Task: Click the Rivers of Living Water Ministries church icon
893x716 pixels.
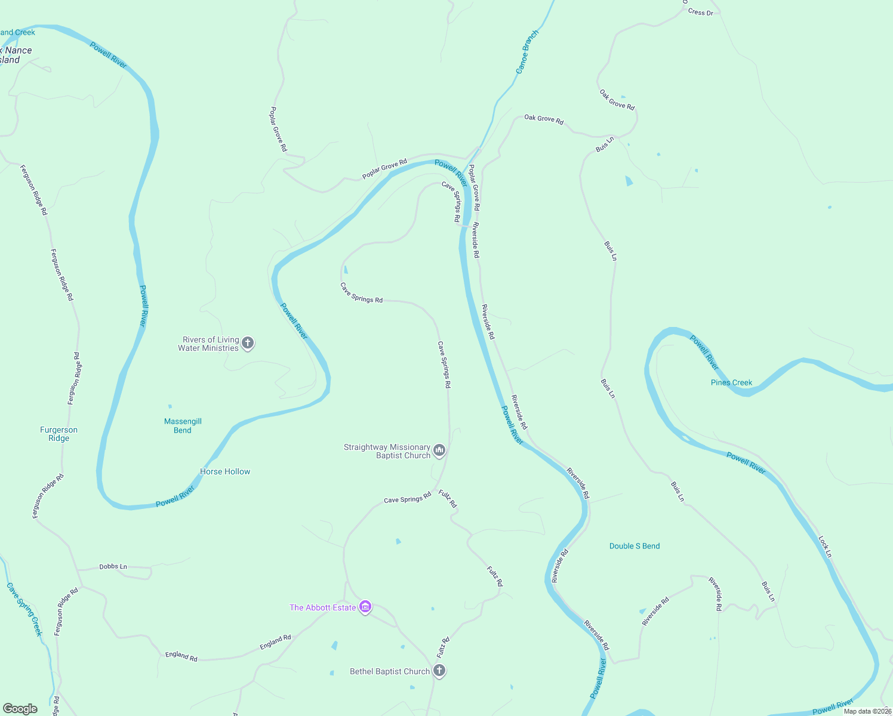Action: (x=248, y=343)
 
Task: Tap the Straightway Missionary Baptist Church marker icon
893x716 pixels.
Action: (x=439, y=450)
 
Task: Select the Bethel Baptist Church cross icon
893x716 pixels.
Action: (x=439, y=671)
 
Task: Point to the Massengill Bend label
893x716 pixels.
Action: (x=183, y=425)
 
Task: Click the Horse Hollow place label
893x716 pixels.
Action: (x=225, y=471)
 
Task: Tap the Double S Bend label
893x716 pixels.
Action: (x=635, y=546)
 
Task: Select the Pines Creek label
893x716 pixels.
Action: (x=731, y=382)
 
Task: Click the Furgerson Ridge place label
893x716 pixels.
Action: (x=58, y=434)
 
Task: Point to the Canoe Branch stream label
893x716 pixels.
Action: (x=526, y=52)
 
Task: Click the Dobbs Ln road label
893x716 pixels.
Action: (x=113, y=566)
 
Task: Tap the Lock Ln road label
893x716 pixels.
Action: (x=825, y=547)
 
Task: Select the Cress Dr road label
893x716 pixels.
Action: (x=700, y=12)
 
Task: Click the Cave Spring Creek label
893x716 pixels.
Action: (x=24, y=609)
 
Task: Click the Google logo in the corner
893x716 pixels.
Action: (x=20, y=709)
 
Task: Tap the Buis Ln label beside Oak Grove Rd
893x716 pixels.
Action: (x=605, y=144)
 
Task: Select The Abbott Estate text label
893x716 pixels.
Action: (x=322, y=607)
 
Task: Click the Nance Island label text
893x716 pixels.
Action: (x=13, y=55)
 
